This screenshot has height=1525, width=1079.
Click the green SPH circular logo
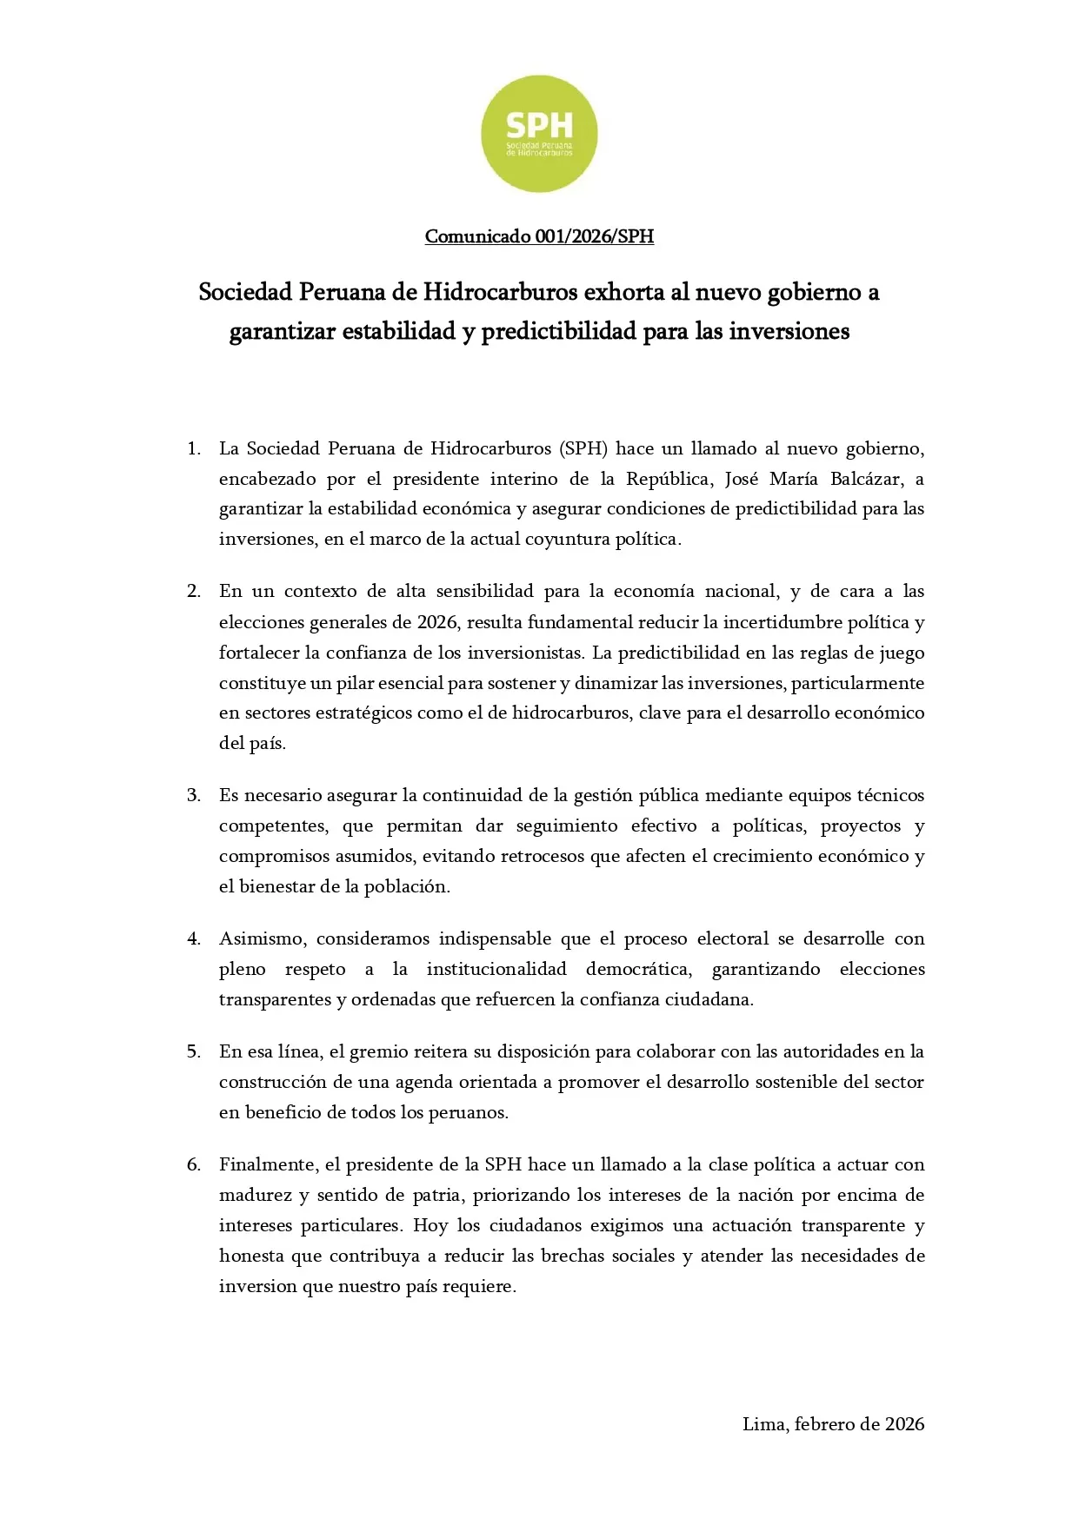(x=539, y=134)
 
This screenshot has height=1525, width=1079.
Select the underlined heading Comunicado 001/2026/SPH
(x=539, y=236)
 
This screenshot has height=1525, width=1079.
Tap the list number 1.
(x=193, y=449)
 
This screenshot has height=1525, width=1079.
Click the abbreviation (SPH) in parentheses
(x=583, y=449)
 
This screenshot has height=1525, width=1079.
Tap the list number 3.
(x=193, y=796)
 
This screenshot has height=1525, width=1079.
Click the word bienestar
(x=276, y=887)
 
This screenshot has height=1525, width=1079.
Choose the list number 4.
(x=193, y=939)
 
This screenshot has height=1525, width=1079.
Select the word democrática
(x=639, y=970)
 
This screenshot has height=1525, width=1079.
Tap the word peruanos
(x=467, y=1113)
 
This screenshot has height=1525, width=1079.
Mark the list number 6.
(x=193, y=1165)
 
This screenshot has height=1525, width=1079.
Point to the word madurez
(x=256, y=1196)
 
